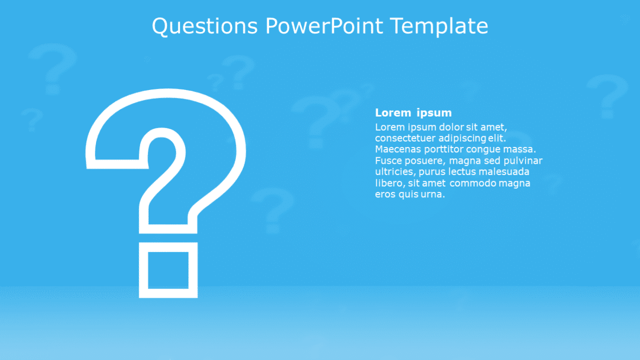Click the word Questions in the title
pos(205,26)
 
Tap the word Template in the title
pos(439,26)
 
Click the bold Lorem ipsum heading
pos(413,113)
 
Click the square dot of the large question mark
pos(168,270)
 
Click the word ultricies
pos(395,172)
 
